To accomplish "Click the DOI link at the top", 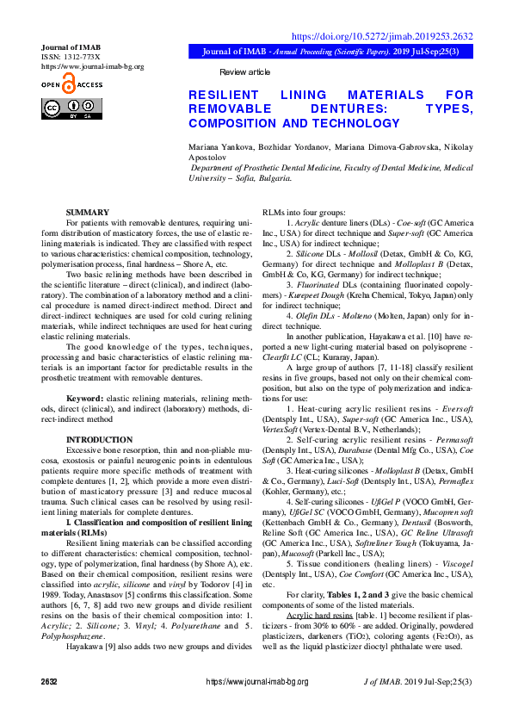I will [x=383, y=37].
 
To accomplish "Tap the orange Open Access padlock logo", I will [x=69, y=84].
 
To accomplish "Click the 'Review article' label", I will [x=244, y=71].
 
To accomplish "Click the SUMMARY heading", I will [x=88, y=212].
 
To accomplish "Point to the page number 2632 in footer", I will [x=49, y=705].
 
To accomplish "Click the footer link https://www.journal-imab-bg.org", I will [x=256, y=705].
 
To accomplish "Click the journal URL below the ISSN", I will [x=93, y=66].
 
